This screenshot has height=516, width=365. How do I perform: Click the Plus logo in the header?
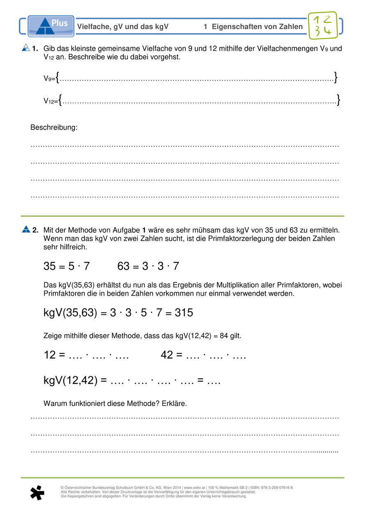click(51, 26)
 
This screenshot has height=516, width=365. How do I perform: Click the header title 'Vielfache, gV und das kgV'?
click(123, 27)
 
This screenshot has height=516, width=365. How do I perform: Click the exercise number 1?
click(35, 49)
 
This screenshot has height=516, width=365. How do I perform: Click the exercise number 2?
click(35, 230)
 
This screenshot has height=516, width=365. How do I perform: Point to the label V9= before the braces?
click(49, 79)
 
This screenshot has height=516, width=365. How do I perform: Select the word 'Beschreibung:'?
click(54, 127)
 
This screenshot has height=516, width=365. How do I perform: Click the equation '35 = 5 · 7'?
click(66, 266)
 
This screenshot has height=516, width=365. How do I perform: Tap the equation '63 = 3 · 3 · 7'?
click(148, 266)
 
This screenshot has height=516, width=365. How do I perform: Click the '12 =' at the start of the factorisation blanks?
click(55, 355)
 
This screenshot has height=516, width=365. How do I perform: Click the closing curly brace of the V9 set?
click(336, 77)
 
